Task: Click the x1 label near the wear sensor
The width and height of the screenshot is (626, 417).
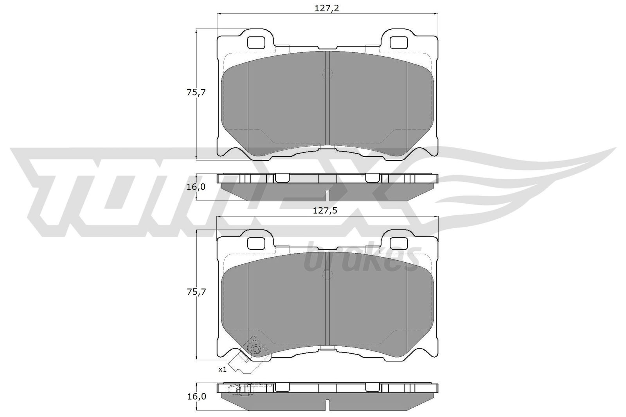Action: click(222, 369)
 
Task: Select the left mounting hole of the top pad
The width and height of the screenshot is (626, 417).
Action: click(257, 43)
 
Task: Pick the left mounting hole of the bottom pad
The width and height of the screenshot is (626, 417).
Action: click(257, 243)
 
